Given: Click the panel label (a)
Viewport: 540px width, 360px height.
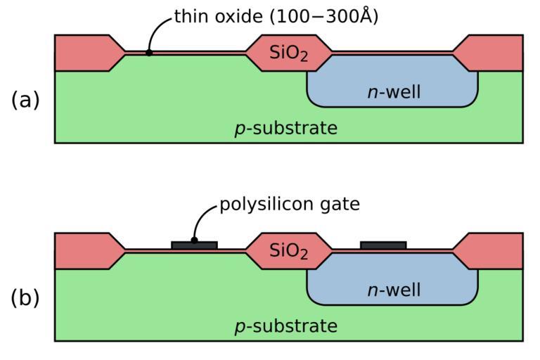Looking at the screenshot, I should pyautogui.click(x=25, y=101).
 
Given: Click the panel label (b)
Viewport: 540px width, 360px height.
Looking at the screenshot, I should pyautogui.click(x=25, y=298).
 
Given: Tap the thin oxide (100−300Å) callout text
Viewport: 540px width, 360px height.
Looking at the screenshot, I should pyautogui.click(x=276, y=16).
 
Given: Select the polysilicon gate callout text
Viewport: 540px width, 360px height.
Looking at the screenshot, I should pyautogui.click(x=290, y=205).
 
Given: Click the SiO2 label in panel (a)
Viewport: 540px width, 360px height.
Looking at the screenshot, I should pyautogui.click(x=289, y=53).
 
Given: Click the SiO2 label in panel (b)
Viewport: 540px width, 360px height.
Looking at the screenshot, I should pyautogui.click(x=289, y=251).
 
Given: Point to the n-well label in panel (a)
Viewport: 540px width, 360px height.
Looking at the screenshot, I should pyautogui.click(x=394, y=91).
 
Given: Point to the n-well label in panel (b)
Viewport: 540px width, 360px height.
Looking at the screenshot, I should pyautogui.click(x=394, y=290).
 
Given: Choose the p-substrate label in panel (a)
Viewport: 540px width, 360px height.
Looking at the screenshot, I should pyautogui.click(x=285, y=129).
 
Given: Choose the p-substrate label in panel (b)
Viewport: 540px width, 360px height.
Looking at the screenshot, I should pyautogui.click(x=285, y=327).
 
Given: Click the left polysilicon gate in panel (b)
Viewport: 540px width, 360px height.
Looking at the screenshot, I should pyautogui.click(x=194, y=245).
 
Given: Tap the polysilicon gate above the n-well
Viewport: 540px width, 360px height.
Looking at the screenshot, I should pyautogui.click(x=383, y=245).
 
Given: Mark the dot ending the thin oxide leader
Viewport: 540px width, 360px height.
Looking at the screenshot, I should pyautogui.click(x=149, y=52).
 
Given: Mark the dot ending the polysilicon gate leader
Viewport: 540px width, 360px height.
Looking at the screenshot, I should pyautogui.click(x=194, y=240).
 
